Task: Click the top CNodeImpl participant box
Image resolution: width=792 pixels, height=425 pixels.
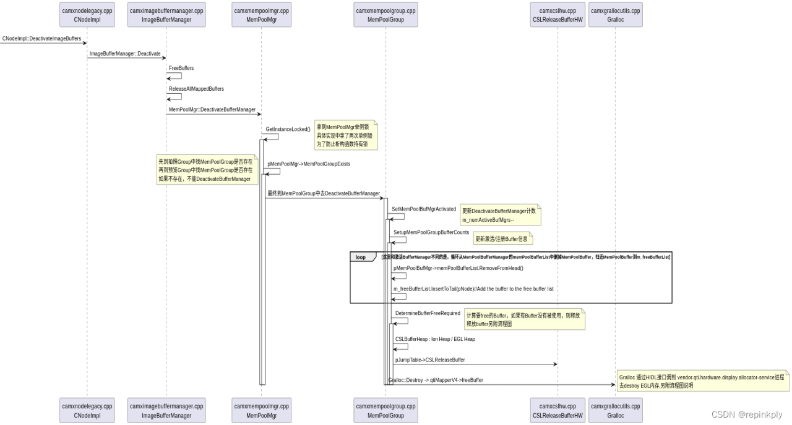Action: [87, 15]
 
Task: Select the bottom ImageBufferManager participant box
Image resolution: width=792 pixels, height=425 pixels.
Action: [166, 411]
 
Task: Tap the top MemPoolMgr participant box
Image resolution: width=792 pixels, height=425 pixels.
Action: [261, 15]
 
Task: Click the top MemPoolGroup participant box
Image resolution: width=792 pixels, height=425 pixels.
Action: [385, 15]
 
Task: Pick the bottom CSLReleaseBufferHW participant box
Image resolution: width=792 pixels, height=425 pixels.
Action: [557, 411]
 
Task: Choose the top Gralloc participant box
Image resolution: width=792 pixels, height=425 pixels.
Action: [615, 15]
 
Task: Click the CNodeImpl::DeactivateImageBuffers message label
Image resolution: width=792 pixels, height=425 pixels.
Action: [41, 38]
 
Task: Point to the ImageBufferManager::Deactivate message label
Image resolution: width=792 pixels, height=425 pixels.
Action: [125, 54]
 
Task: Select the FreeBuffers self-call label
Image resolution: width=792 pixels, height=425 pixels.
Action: [181, 68]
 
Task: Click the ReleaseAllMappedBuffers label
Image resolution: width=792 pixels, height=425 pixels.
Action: [196, 89]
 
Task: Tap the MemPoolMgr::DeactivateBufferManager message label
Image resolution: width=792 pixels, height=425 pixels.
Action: [212, 109]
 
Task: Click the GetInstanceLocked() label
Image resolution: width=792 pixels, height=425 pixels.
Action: [288, 130]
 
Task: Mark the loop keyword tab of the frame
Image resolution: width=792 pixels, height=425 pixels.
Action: [361, 257]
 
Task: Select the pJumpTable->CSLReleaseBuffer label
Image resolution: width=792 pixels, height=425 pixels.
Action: [430, 360]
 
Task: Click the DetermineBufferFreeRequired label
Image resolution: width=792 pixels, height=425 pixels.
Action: [428, 314]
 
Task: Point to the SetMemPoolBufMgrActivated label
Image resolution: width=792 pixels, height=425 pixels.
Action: [424, 209]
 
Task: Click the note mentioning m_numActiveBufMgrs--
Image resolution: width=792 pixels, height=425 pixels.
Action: [500, 215]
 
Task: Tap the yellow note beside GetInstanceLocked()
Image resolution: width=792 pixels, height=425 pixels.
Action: [345, 135]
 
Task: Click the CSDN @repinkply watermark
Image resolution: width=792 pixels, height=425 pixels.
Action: [747, 414]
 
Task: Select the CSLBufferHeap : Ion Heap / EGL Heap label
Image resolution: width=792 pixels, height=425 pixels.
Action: [435, 339]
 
